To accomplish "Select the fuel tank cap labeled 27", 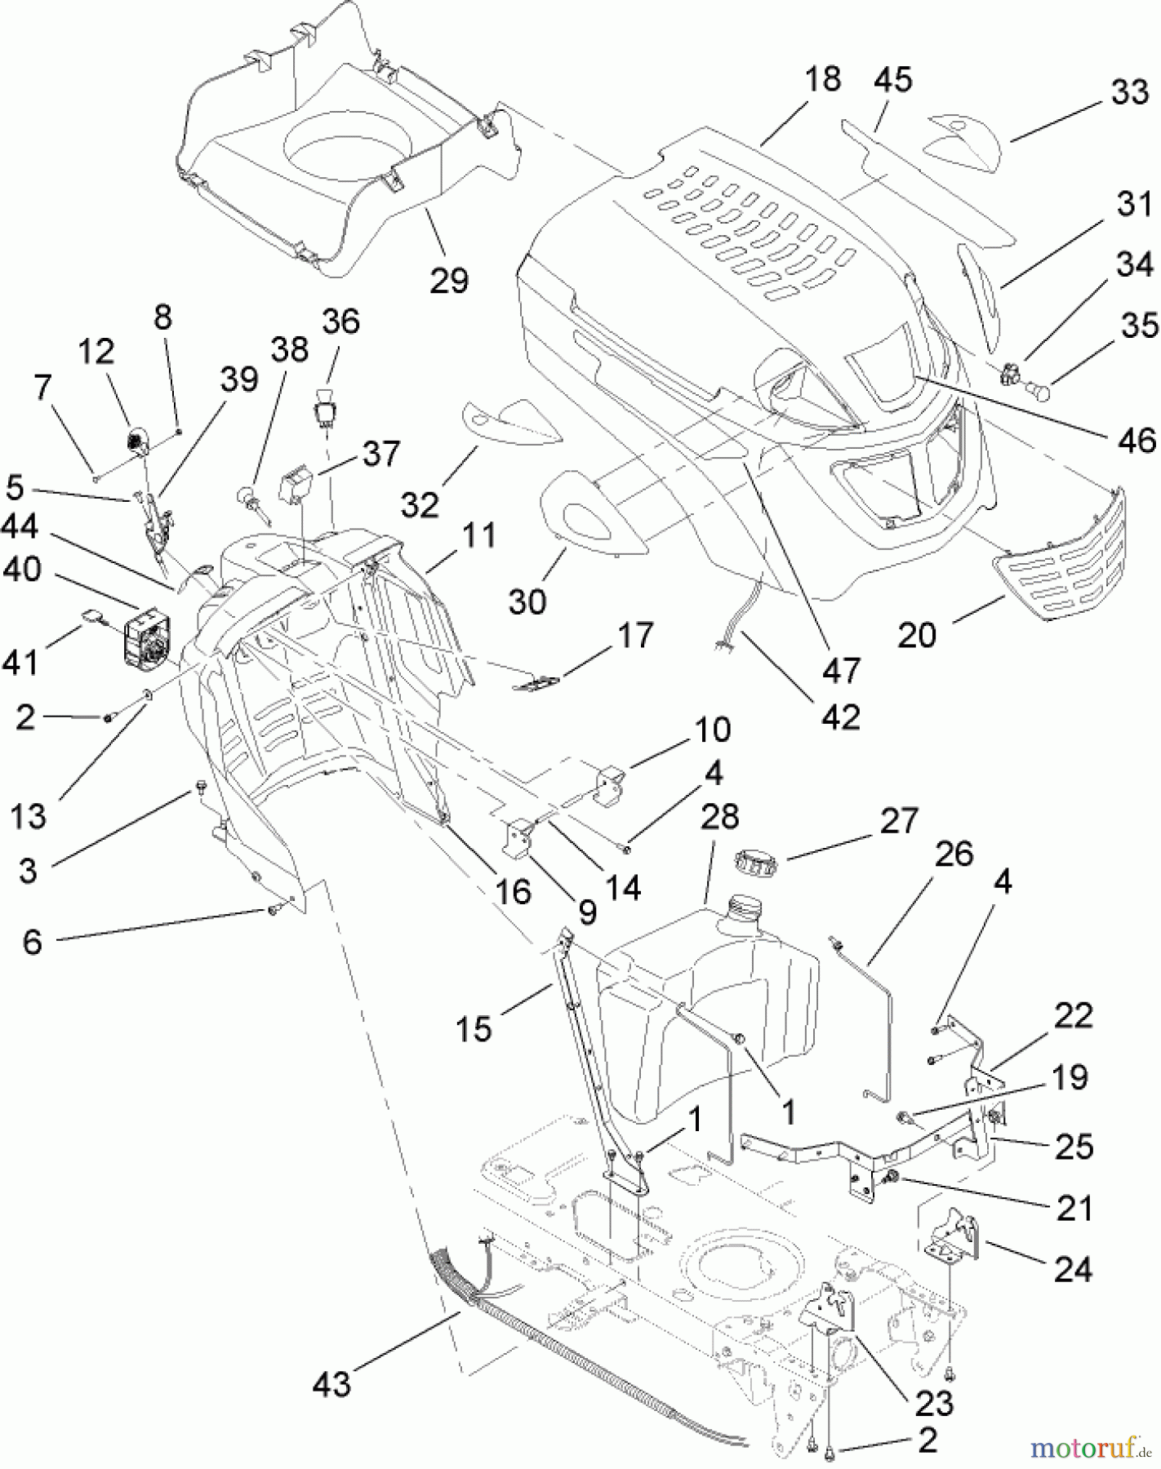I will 755,860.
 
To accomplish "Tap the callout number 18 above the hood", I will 822,79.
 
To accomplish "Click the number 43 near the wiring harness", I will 331,1383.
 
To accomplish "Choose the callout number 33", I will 1130,92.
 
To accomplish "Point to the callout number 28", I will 719,816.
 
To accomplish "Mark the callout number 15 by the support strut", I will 474,1028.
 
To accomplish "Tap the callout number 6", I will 32,942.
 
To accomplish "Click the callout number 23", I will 934,1403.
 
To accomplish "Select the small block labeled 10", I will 611,785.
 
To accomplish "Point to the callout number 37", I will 380,452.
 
